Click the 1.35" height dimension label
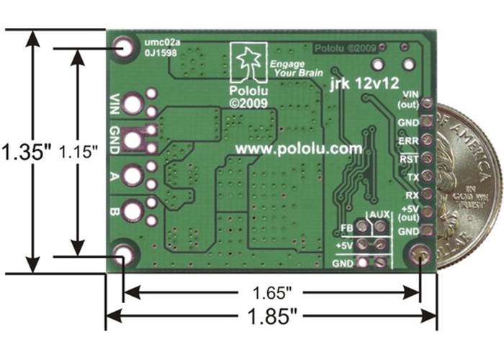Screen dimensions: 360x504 tap(20, 153)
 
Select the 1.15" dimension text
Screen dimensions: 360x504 tap(78, 152)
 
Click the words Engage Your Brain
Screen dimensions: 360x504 tap(288, 68)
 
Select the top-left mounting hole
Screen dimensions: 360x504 tap(124, 49)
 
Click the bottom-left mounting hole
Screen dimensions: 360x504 tap(124, 253)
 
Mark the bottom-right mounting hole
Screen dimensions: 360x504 tap(420, 254)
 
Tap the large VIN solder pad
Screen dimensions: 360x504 tap(133, 104)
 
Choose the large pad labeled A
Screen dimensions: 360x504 tap(133, 175)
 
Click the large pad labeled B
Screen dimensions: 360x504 tap(133, 211)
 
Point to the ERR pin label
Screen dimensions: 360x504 tap(407, 140)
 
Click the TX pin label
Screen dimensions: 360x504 tap(411, 176)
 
